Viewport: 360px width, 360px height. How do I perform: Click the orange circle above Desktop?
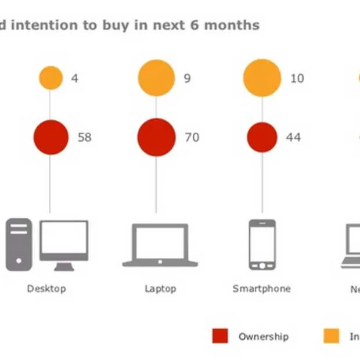pos(51,78)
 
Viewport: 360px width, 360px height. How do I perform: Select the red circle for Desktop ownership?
pos(51,137)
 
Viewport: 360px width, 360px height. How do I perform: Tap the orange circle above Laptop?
pos(156,78)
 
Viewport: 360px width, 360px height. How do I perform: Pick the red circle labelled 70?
pos(156,137)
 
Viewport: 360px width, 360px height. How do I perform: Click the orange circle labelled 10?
pos(262,78)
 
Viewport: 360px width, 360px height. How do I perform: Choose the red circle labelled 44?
pos(262,137)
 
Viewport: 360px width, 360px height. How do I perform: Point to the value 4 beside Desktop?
pos(74,78)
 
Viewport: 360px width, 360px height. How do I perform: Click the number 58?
pos(84,138)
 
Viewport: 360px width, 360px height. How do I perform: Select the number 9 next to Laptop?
pos(187,78)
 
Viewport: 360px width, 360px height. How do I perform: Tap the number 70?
pos(192,138)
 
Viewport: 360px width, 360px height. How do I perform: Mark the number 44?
pos(293,138)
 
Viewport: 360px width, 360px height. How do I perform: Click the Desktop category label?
pos(46,289)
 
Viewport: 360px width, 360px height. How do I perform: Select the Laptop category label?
pos(160,289)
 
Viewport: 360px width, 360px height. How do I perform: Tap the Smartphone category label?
pos(261,289)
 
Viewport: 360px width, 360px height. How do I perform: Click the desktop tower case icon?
pos(19,244)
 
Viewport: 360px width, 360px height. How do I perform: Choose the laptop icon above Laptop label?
pos(160,245)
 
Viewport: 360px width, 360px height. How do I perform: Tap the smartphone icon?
pos(262,244)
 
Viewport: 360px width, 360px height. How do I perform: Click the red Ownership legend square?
pos(220,336)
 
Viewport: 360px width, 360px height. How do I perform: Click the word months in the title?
pos(232,26)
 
